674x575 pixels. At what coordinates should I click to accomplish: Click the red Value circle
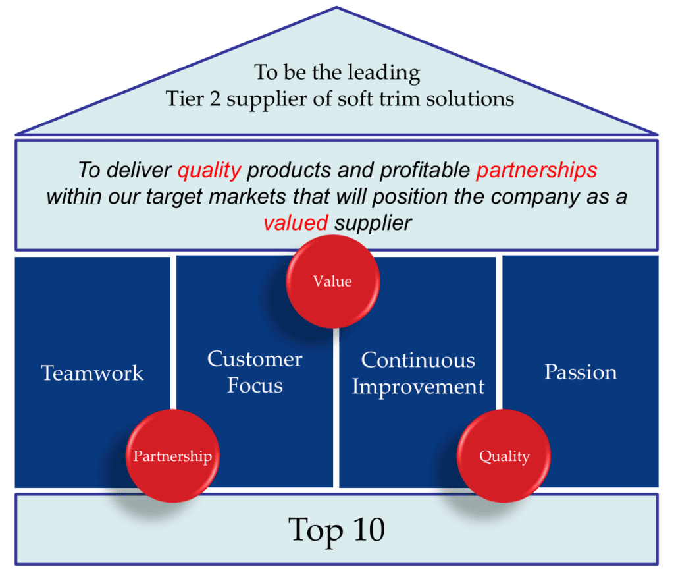pyautogui.click(x=332, y=281)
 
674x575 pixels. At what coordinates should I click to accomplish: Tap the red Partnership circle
pyautogui.click(x=172, y=456)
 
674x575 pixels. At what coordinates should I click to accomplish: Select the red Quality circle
pyautogui.click(x=504, y=456)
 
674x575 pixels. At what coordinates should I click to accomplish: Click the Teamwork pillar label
pyautogui.click(x=92, y=373)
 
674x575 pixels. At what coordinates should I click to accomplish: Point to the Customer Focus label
pyautogui.click(x=255, y=371)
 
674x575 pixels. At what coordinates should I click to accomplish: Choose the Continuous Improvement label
pyautogui.click(x=418, y=373)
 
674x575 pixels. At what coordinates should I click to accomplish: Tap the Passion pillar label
pyautogui.click(x=581, y=372)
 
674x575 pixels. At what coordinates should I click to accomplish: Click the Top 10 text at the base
pyautogui.click(x=336, y=530)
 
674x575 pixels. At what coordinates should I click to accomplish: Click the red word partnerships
pyautogui.click(x=536, y=171)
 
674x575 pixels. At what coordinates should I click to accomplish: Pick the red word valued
pyautogui.click(x=296, y=223)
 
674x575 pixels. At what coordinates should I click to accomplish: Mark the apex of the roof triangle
pyautogui.click(x=336, y=9)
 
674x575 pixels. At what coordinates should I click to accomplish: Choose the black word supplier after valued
pyautogui.click(x=373, y=223)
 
